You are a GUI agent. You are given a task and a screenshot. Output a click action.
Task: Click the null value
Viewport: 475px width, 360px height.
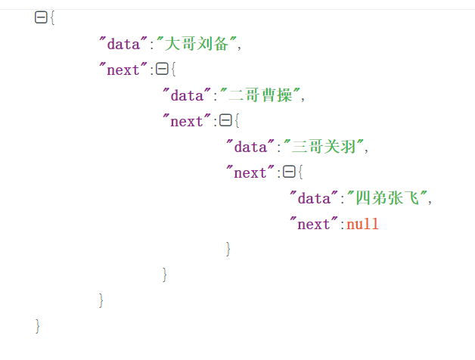(362, 224)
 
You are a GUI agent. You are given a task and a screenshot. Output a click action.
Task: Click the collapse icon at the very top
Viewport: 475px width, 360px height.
(41, 18)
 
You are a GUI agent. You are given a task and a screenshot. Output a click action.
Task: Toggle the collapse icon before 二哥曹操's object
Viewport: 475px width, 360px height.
(161, 70)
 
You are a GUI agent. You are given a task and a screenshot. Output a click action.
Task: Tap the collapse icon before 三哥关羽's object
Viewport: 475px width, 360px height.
(225, 121)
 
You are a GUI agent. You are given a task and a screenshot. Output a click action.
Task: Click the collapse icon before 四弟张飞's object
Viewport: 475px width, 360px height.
(288, 172)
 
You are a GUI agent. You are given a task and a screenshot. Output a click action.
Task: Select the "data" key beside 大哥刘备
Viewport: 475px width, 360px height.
(123, 44)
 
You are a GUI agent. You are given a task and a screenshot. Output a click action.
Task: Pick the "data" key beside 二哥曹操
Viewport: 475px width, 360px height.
(186, 95)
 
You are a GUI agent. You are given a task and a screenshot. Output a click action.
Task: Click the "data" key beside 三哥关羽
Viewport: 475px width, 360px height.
(250, 147)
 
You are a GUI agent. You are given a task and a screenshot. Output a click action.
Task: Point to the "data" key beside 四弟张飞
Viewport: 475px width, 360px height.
(313, 198)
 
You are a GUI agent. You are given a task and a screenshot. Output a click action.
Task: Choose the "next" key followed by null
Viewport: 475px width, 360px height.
(313, 224)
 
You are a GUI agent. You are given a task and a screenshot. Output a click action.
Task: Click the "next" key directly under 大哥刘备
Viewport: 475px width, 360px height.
(123, 70)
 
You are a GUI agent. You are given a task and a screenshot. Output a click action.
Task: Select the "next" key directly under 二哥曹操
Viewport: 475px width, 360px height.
(186, 121)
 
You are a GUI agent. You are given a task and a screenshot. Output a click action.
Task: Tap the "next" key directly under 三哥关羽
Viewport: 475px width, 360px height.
(250, 172)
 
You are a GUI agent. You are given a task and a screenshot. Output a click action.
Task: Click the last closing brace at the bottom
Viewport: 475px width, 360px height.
(38, 326)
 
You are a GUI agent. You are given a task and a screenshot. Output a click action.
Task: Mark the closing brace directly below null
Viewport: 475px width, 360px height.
(228, 249)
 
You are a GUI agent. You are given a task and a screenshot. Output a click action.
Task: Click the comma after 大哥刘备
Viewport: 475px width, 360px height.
(240, 45)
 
